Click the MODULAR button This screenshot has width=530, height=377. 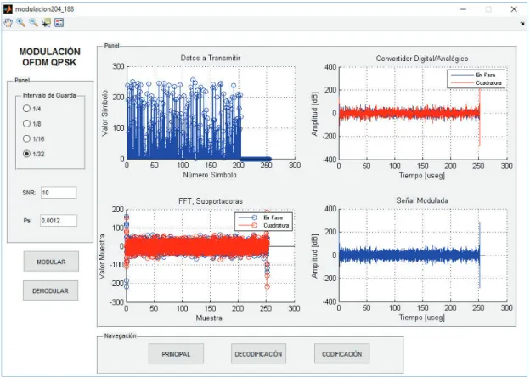tap(51, 262)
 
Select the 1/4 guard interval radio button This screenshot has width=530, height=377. tap(26, 109)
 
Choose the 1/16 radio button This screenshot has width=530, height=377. tap(26, 138)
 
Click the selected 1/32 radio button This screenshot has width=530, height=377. tap(26, 154)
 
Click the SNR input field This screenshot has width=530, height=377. tap(59, 193)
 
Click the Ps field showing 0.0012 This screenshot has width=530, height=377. tap(59, 221)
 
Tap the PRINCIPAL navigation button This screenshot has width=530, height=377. tap(176, 354)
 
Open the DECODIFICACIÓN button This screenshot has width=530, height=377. tap(258, 354)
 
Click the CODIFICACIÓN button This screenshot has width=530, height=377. tap(341, 354)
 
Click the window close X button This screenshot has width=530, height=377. tap(514, 9)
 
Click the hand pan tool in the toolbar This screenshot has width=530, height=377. tap(8, 23)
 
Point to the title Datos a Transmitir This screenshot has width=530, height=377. tap(211, 58)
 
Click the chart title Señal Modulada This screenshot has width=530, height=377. tap(422, 200)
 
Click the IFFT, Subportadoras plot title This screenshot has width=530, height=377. tap(210, 201)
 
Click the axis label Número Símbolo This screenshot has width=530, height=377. tap(210, 175)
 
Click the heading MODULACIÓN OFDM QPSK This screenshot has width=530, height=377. tap(49, 57)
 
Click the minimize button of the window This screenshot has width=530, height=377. tap(464, 9)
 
